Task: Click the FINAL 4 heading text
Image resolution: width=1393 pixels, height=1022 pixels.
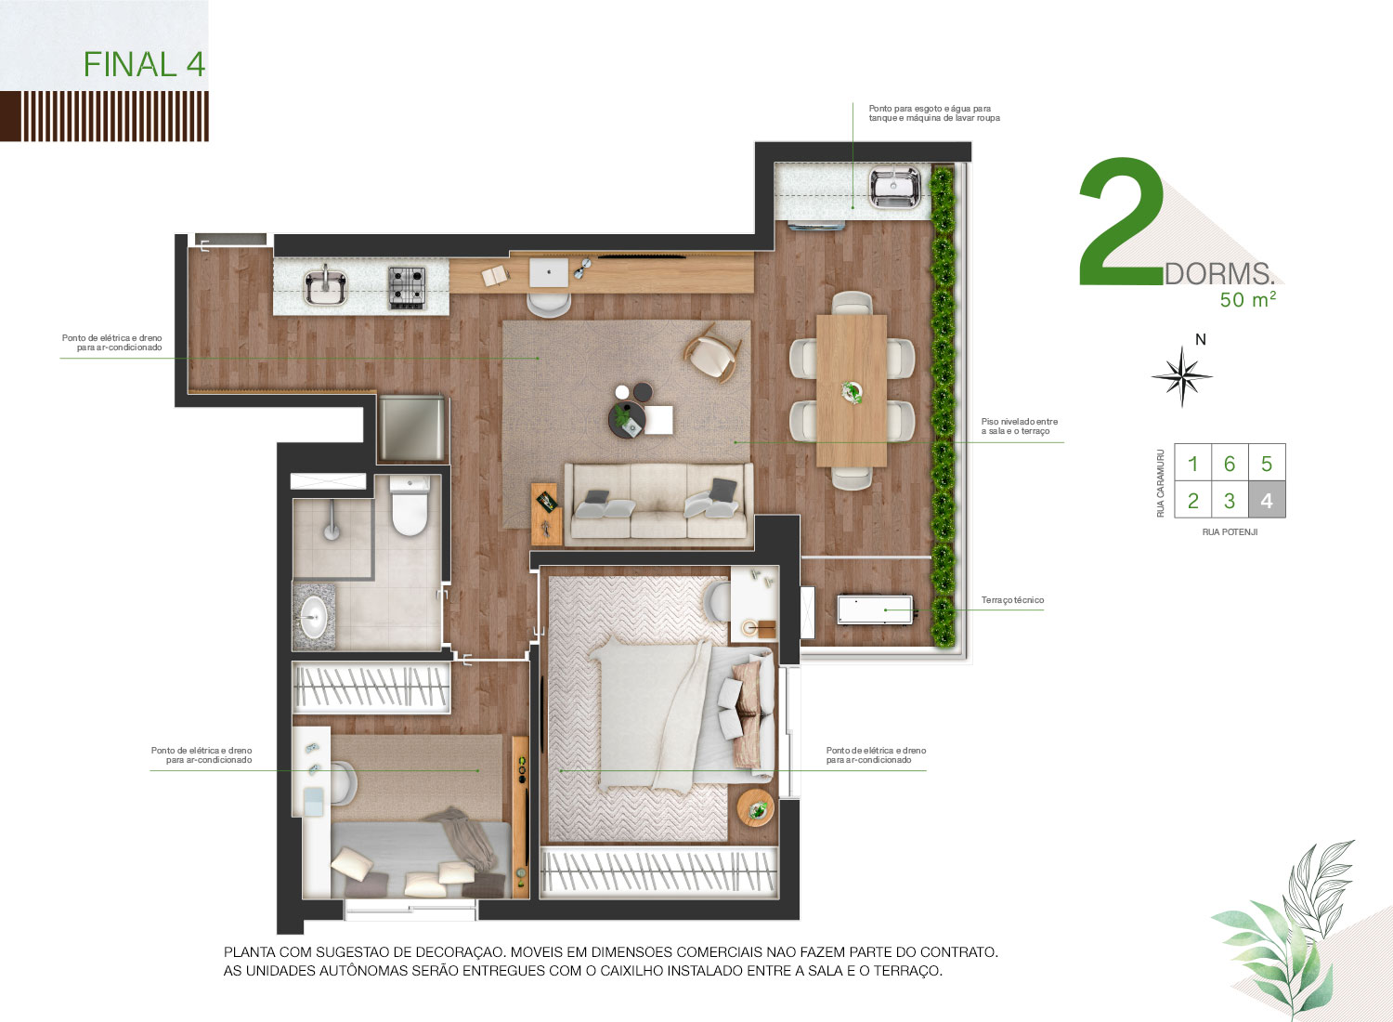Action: pyautogui.click(x=144, y=65)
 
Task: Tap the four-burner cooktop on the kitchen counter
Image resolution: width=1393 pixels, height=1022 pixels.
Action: pyautogui.click(x=408, y=287)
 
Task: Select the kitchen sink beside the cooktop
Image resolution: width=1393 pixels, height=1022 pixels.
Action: pyautogui.click(x=325, y=287)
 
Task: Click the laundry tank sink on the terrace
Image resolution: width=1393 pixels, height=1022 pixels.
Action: pyautogui.click(x=894, y=187)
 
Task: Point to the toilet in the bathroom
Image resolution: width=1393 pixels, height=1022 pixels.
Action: pyautogui.click(x=410, y=504)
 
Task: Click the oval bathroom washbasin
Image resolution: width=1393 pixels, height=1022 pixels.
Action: pyautogui.click(x=314, y=616)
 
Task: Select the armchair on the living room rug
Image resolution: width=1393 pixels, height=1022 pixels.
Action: pyautogui.click(x=712, y=353)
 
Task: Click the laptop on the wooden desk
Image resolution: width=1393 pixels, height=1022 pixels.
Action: pyautogui.click(x=549, y=272)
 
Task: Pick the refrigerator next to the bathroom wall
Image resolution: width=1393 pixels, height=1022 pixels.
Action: pyautogui.click(x=411, y=428)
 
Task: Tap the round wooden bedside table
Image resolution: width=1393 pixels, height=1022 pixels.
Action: pyautogui.click(x=756, y=807)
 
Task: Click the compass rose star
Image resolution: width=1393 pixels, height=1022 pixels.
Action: pyautogui.click(x=1181, y=376)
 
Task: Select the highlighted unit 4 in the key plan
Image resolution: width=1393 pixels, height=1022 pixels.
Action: pyautogui.click(x=1267, y=500)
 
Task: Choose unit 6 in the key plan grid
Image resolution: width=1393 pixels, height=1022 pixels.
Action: pyautogui.click(x=1230, y=464)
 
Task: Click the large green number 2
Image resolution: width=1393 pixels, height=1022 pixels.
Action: pyautogui.click(x=1121, y=221)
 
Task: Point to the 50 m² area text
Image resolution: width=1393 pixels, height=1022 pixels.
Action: pyautogui.click(x=1247, y=299)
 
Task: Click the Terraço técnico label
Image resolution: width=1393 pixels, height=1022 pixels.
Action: pyautogui.click(x=1012, y=600)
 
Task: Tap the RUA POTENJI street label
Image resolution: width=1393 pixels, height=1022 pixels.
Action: pyautogui.click(x=1230, y=531)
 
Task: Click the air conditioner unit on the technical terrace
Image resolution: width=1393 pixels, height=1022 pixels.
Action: pyautogui.click(x=875, y=609)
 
